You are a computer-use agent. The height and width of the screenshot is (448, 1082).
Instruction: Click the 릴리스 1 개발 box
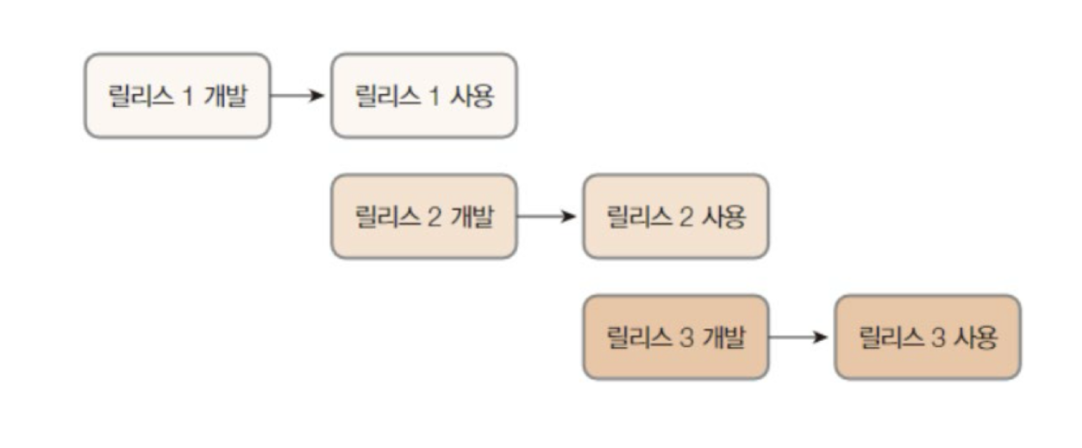pyautogui.click(x=177, y=95)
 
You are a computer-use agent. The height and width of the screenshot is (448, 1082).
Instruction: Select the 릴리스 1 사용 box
pyautogui.click(x=423, y=95)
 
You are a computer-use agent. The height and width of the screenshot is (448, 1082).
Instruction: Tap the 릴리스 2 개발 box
pyautogui.click(x=423, y=216)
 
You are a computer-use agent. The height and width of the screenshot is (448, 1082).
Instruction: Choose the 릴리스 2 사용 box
pyautogui.click(x=675, y=216)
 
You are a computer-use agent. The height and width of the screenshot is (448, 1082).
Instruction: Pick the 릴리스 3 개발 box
pyautogui.click(x=675, y=337)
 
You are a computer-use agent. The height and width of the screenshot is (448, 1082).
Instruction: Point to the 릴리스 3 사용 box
pyautogui.click(x=927, y=337)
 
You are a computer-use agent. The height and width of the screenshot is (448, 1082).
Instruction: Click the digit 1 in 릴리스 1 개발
pyautogui.click(x=188, y=96)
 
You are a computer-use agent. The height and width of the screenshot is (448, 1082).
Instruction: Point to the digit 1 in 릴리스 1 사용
pyautogui.click(x=435, y=96)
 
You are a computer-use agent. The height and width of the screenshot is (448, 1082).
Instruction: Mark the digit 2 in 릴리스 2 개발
pyautogui.click(x=434, y=217)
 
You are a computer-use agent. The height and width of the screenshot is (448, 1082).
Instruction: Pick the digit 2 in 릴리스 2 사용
pyautogui.click(x=686, y=217)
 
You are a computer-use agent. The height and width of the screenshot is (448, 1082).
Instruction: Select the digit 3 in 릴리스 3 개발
pyautogui.click(x=686, y=338)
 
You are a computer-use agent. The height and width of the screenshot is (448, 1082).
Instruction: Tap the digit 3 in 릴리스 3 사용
pyautogui.click(x=939, y=338)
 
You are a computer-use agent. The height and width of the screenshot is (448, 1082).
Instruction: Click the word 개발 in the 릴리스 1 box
pyautogui.click(x=225, y=96)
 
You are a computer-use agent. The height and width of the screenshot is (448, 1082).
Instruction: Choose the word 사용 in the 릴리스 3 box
pyautogui.click(x=975, y=338)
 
